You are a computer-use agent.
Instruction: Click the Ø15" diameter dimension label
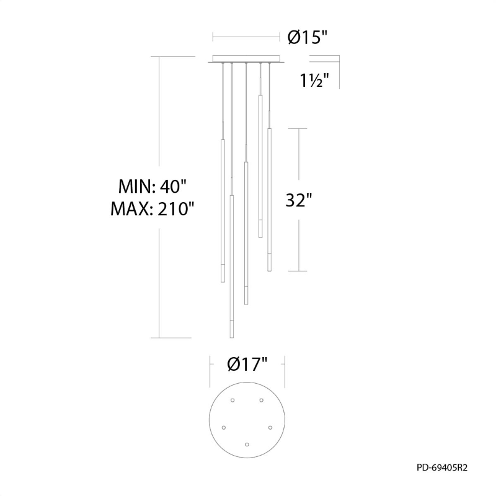[x=306, y=38]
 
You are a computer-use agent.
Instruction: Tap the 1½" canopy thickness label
[x=314, y=81]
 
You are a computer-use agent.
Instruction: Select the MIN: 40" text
[x=153, y=187]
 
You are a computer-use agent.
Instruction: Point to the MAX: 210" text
[x=153, y=208]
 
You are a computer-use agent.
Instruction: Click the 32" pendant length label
[x=299, y=200]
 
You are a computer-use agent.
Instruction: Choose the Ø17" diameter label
[x=247, y=364]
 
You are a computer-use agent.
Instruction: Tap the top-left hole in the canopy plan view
[x=232, y=401]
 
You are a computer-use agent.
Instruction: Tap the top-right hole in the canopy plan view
[x=261, y=401]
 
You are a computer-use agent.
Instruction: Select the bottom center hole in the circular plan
[x=247, y=445]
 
